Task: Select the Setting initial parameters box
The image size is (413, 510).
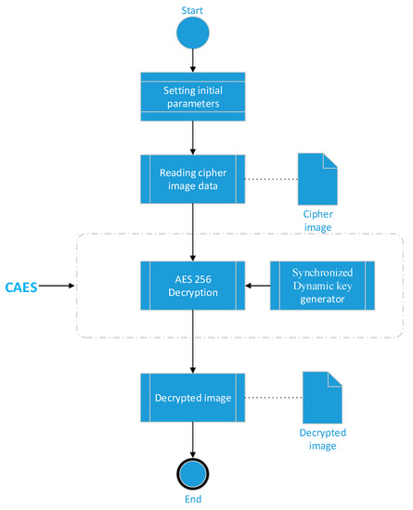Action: (192, 96)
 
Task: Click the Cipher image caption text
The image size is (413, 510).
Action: (316, 220)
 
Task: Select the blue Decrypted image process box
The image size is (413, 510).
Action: (192, 398)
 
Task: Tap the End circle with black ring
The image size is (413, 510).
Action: (192, 472)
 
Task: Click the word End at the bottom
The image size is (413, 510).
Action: (192, 502)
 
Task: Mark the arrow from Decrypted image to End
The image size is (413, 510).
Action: (192, 437)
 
